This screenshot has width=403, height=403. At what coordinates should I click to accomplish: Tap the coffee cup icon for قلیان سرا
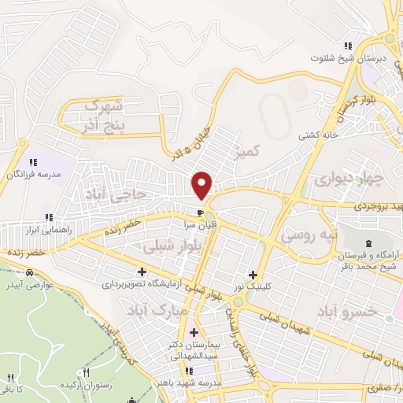pos(201,213)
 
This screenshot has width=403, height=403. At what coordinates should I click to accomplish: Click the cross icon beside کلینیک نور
pos(253,275)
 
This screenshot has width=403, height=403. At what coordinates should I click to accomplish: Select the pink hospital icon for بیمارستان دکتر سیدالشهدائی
pos(194,333)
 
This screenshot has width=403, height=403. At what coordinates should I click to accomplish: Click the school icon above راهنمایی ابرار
pos(48,217)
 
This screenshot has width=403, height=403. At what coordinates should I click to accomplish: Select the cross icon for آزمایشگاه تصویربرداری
pos(142,271)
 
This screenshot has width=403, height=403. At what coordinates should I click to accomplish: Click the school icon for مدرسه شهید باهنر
pos(187,371)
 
